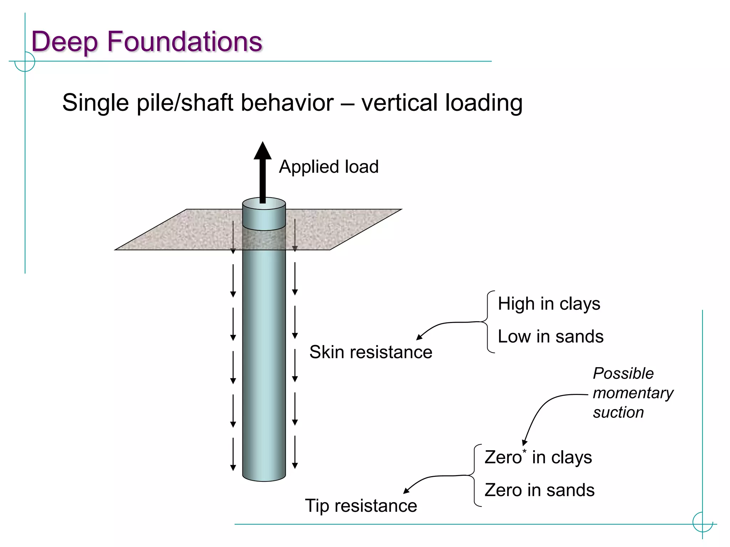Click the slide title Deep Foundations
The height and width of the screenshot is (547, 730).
point(146,42)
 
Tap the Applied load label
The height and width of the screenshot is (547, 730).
point(329,167)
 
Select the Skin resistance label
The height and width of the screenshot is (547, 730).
point(371,352)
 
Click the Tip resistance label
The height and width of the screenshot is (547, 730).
point(361,506)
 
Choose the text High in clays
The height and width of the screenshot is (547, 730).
point(549,304)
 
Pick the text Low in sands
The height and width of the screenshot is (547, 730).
point(551,337)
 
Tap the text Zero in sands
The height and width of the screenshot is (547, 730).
point(539,490)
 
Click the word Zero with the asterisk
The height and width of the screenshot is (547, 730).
point(503,458)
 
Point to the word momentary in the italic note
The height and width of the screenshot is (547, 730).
point(633,393)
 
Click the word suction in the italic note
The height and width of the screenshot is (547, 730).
point(618,412)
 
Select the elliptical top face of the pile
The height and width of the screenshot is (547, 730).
point(264,204)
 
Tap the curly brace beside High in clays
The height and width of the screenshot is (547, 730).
point(488,322)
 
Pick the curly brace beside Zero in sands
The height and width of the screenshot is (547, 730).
point(475,475)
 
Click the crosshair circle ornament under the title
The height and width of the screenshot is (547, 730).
point(25,62)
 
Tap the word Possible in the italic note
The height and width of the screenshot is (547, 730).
point(623,374)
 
